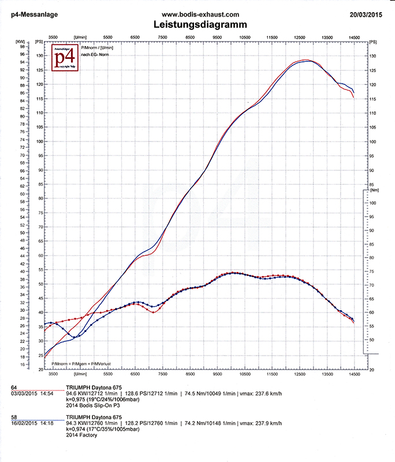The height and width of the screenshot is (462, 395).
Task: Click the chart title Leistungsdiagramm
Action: point(200,25)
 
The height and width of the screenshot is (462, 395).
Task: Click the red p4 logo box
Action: point(66,58)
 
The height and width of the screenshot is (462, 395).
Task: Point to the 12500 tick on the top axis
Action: point(299,36)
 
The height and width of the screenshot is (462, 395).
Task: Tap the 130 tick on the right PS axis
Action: point(372,56)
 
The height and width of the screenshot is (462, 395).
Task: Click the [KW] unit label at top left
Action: point(21,42)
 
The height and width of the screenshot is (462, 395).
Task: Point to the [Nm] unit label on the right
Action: point(373,190)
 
